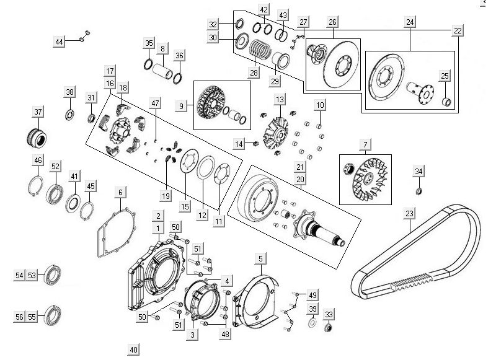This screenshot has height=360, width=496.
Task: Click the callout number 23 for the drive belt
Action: pos(409,214)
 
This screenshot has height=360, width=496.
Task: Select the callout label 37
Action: pos(38,112)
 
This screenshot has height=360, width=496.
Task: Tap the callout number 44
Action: pos(60,41)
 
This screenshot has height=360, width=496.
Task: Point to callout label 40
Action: pos(133,349)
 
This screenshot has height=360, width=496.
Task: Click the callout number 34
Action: pos(418,171)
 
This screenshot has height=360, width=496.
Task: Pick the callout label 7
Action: pos(365,146)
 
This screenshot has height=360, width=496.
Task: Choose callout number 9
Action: pos(182,107)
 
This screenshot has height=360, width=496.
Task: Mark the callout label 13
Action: pos(280,99)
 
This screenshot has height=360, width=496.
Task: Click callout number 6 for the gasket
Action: pos(120,193)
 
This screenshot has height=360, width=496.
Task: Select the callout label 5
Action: pos(261,257)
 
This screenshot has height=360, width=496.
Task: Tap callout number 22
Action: pos(458,30)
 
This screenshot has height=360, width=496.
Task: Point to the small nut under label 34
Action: pos(418,190)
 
